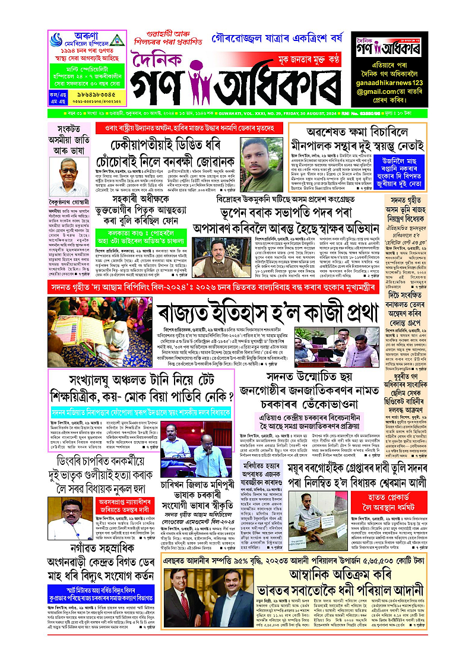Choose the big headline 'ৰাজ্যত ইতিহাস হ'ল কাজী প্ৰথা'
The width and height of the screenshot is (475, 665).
tap(268, 311)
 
